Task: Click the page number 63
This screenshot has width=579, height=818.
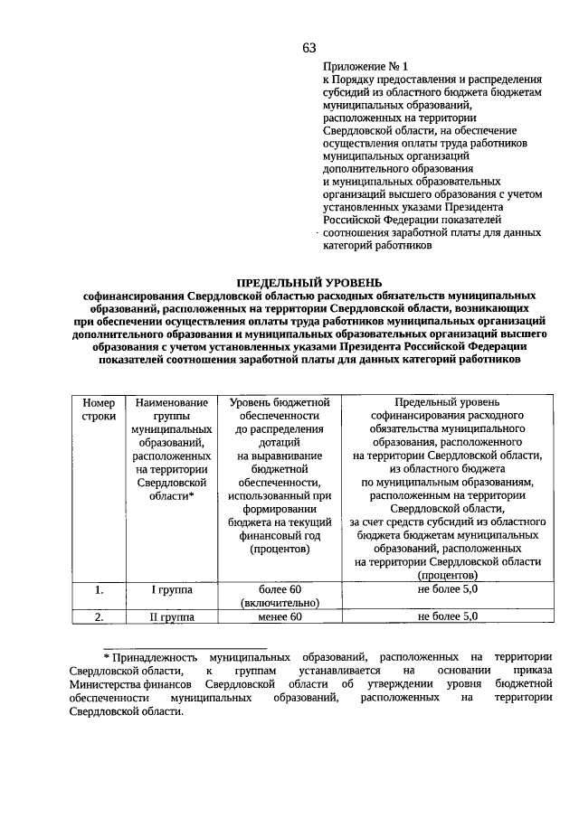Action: click(x=309, y=47)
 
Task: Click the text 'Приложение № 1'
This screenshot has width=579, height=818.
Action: click(x=365, y=67)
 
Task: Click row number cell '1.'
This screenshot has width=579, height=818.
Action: click(x=99, y=589)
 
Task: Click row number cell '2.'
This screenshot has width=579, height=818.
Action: click(x=99, y=616)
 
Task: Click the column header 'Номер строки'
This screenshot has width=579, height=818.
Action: click(x=99, y=409)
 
